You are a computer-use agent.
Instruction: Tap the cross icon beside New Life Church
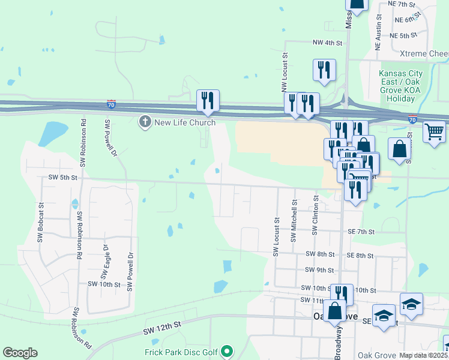(145, 122)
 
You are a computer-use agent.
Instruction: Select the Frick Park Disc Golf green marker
(227, 350)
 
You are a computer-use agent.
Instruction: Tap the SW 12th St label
(162, 328)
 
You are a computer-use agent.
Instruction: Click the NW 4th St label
(327, 43)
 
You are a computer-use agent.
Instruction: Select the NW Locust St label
(286, 69)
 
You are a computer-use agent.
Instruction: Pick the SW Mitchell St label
(294, 221)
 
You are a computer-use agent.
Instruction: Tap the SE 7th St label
(361, 232)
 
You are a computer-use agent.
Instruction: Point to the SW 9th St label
(319, 270)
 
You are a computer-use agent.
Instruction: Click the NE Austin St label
(379, 37)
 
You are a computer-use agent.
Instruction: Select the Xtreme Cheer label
(420, 54)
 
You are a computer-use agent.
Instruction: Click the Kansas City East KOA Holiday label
(400, 86)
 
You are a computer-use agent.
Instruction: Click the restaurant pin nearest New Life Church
(208, 100)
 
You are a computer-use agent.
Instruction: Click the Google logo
(20, 353)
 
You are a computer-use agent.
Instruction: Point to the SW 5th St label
(63, 178)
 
